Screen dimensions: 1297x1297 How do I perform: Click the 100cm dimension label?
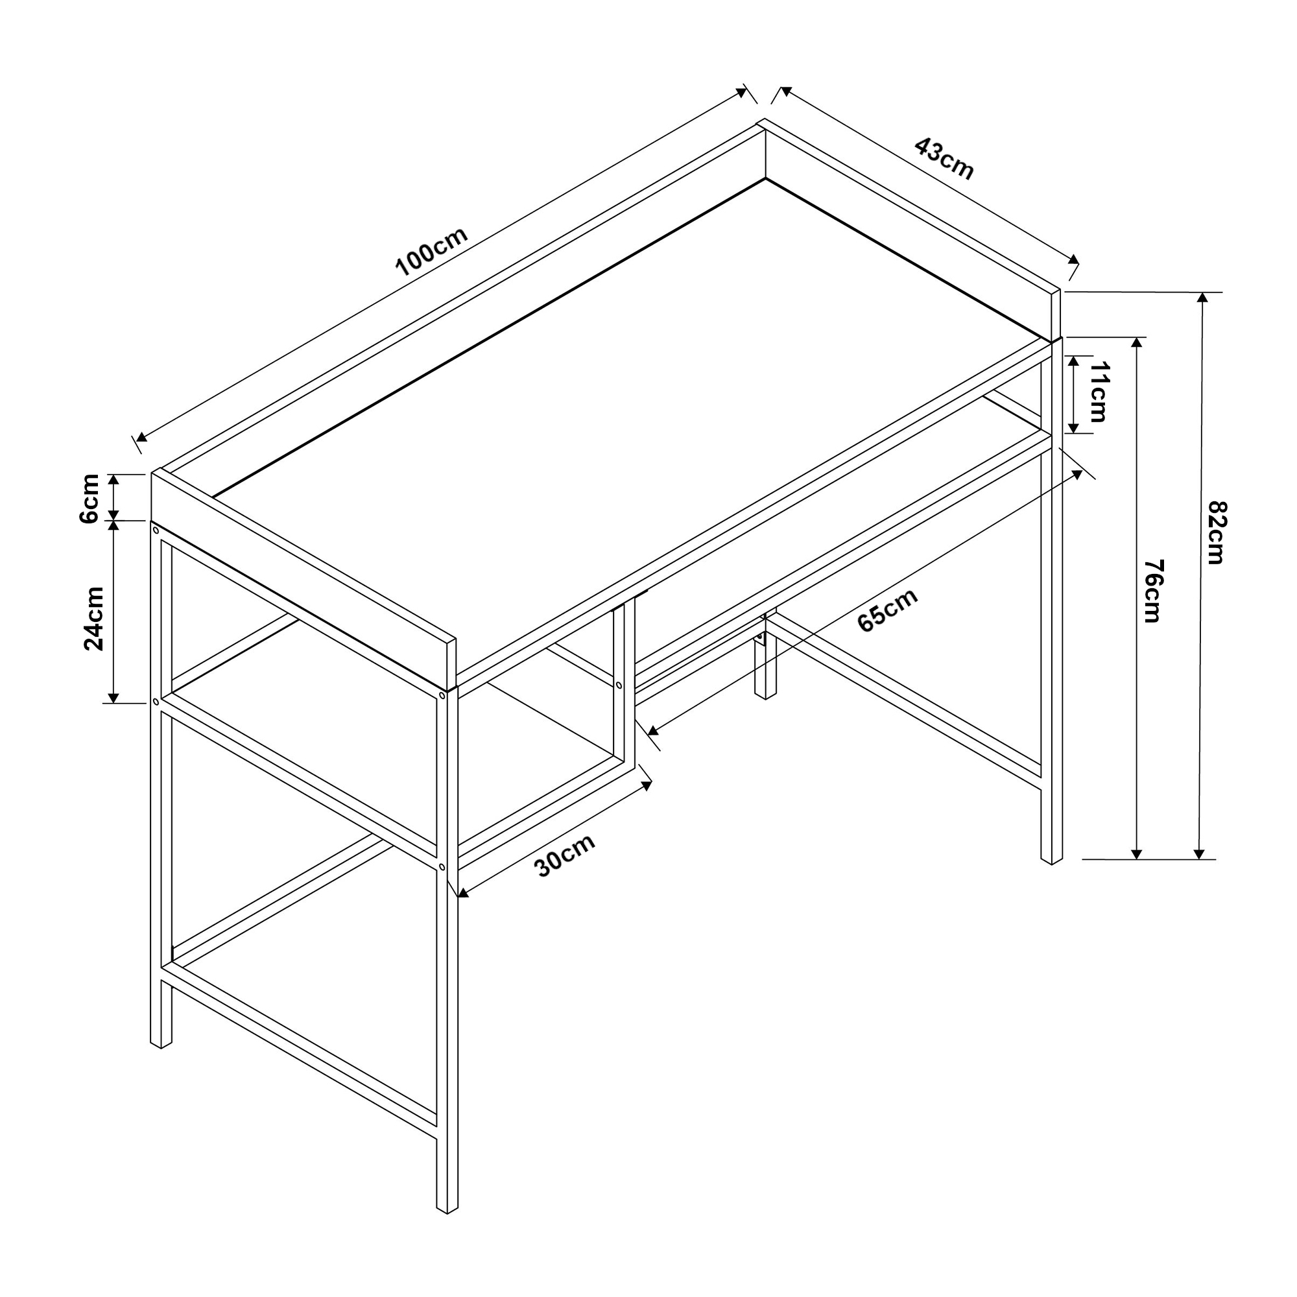(431, 252)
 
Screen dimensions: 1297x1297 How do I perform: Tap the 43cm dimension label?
(943, 159)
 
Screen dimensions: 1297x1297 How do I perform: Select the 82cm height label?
(1216, 532)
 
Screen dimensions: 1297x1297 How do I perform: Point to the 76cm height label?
(1152, 591)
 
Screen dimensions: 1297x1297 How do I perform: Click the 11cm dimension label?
(1099, 392)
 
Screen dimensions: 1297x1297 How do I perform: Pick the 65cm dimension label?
(888, 610)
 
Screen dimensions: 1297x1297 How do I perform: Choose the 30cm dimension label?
(565, 856)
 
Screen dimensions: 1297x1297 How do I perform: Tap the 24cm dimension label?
(94, 618)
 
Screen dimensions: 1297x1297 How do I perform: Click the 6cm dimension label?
(89, 498)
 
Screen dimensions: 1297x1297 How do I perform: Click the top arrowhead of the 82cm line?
(1202, 298)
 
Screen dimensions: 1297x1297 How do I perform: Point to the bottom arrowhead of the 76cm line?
(1137, 853)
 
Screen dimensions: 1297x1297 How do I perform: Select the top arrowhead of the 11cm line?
(1073, 361)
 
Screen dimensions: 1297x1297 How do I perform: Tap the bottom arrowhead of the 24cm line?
(114, 697)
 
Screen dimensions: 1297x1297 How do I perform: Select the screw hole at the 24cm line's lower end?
(156, 702)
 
